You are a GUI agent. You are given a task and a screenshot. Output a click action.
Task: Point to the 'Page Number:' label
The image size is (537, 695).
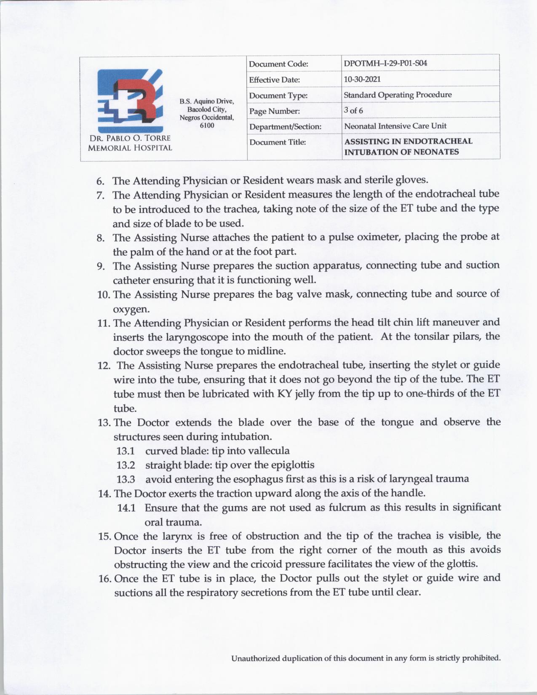click(274, 111)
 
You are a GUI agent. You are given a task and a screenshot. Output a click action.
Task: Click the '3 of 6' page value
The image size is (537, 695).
click(353, 110)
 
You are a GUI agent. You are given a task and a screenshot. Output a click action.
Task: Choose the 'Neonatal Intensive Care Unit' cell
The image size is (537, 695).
click(395, 126)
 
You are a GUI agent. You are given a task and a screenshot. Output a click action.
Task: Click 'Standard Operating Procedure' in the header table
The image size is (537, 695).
click(398, 95)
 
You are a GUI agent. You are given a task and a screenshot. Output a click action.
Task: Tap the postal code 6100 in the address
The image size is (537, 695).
click(207, 126)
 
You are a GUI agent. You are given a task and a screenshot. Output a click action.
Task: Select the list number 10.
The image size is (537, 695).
click(104, 294)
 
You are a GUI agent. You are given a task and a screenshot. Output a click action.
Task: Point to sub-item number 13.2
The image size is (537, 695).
click(126, 465)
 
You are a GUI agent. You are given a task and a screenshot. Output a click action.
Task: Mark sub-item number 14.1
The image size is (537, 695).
click(126, 508)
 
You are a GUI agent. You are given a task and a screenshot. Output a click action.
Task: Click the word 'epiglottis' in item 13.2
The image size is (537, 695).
click(291, 465)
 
